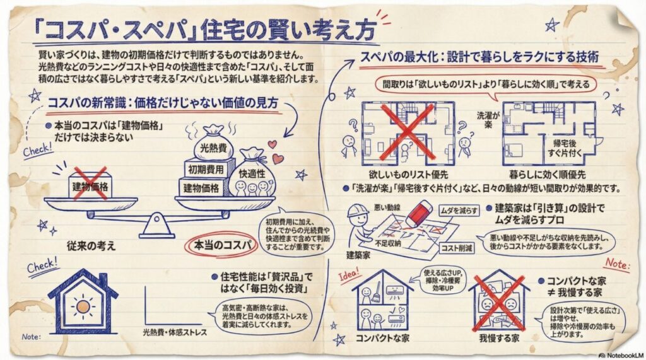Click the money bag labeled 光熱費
(x=213, y=142)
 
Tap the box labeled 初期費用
(x=206, y=170)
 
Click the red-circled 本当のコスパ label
(x=222, y=245)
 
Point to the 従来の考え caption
(x=91, y=246)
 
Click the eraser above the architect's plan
(x=418, y=212)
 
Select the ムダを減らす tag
(x=459, y=211)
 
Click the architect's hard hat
(x=357, y=211)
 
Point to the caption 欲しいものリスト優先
(x=408, y=174)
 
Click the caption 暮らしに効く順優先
(x=548, y=174)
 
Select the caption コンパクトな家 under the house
(x=383, y=338)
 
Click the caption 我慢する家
(x=499, y=338)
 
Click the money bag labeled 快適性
(x=252, y=173)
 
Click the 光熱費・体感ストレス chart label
(x=175, y=332)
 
